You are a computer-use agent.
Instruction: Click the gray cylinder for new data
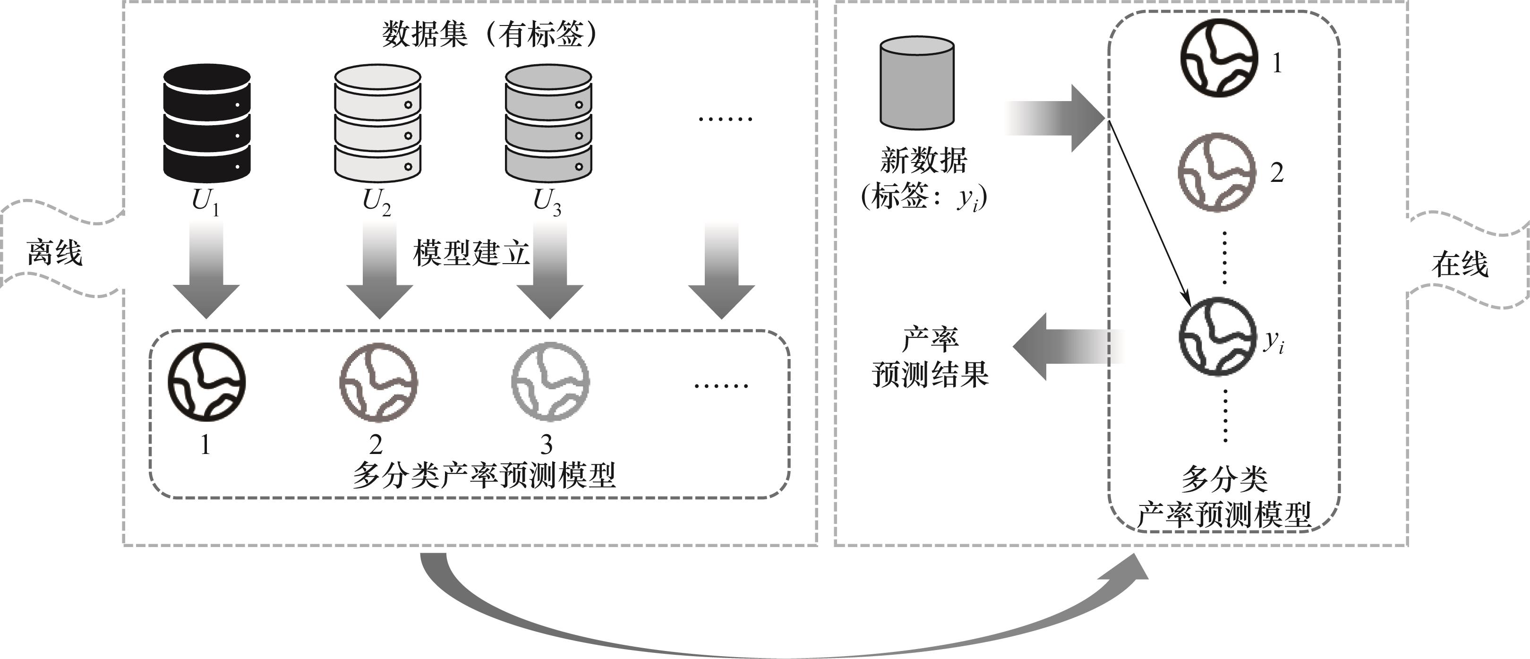[916, 83]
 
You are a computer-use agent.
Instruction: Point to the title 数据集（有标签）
[489, 34]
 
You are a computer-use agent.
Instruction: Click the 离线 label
[55, 253]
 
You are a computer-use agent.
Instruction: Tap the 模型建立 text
[470, 253]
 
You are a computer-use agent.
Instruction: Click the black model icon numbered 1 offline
[206, 382]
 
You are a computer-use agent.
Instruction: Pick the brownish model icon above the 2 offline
[378, 382]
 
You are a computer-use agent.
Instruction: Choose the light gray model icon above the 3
[550, 382]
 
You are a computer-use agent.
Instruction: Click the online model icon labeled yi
[1218, 336]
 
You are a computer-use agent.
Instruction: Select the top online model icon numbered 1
[1218, 57]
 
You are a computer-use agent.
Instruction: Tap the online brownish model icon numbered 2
[1217, 172]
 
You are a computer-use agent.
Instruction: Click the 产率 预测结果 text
[930, 357]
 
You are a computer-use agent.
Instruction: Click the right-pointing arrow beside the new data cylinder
[1055, 118]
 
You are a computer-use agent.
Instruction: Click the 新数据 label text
[923, 161]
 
